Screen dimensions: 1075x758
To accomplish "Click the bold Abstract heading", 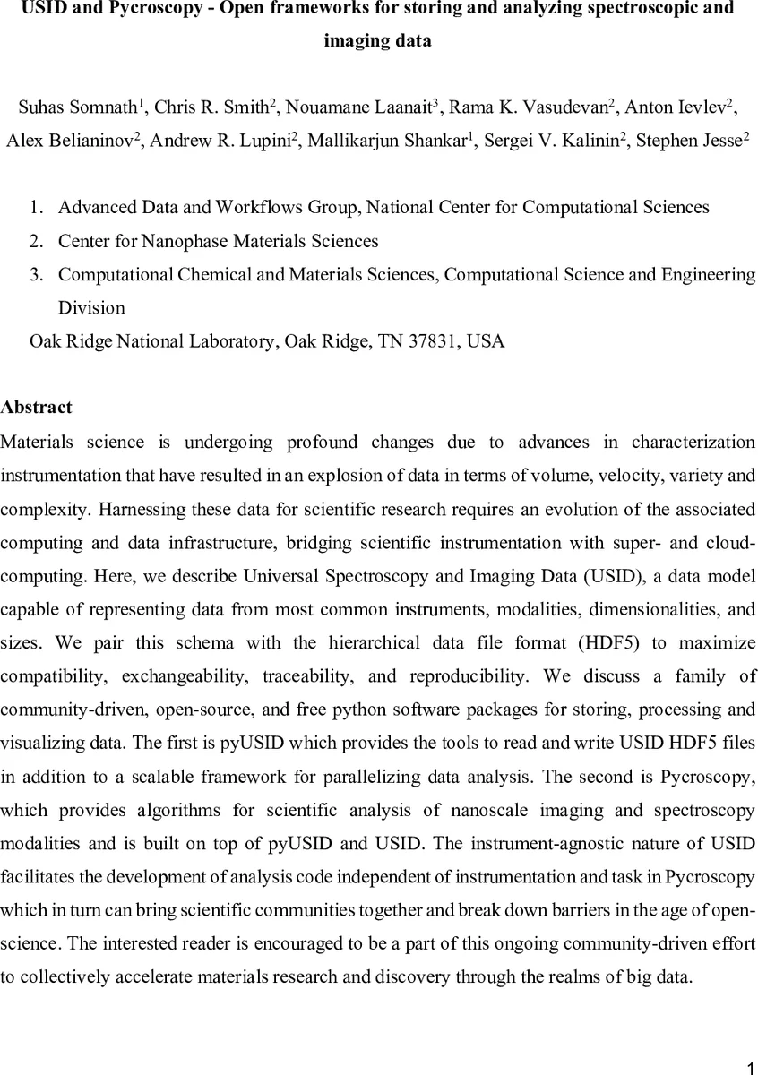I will coord(37,408).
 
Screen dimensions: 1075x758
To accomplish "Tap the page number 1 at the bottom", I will coord(751,1067).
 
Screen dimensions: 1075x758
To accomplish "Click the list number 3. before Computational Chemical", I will coord(37,274).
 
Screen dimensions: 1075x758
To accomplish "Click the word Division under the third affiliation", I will coord(91,307).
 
